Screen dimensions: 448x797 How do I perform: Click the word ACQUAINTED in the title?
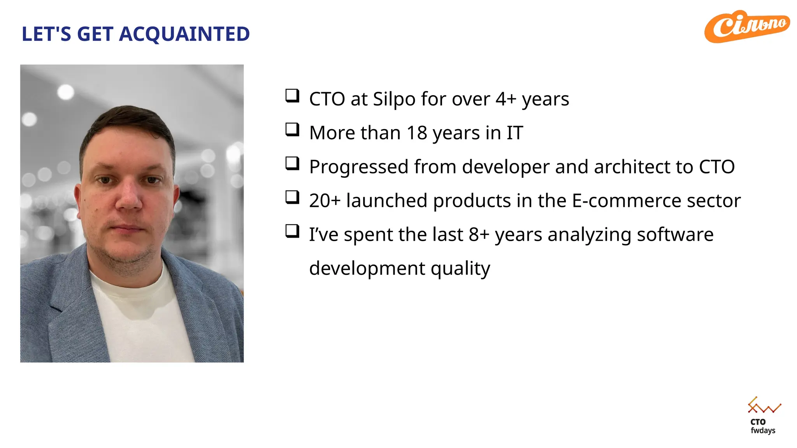184,34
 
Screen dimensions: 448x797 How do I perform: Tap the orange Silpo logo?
747,26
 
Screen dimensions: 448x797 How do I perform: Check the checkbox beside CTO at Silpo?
292,96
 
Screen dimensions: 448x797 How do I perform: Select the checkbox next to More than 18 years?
292,129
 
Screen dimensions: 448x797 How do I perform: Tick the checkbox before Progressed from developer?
292,163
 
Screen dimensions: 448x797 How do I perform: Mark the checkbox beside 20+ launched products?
292,197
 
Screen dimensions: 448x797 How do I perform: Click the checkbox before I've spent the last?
292,231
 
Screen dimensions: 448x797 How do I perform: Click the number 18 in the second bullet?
417,133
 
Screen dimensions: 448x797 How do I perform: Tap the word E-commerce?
626,201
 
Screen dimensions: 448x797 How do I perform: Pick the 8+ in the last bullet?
479,234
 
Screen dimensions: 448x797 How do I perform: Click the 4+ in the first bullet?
506,99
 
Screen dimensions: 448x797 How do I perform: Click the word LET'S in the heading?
46,34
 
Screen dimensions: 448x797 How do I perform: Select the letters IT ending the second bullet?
514,133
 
